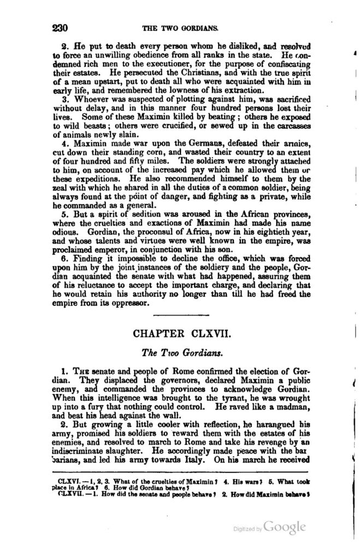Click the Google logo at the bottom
[285, 526]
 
